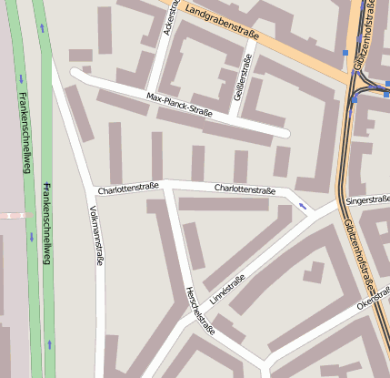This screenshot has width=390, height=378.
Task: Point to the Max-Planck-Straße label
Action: click(x=178, y=106)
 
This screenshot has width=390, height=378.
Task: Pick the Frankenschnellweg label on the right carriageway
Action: click(x=45, y=223)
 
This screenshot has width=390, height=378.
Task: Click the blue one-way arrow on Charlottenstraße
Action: click(x=302, y=207)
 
